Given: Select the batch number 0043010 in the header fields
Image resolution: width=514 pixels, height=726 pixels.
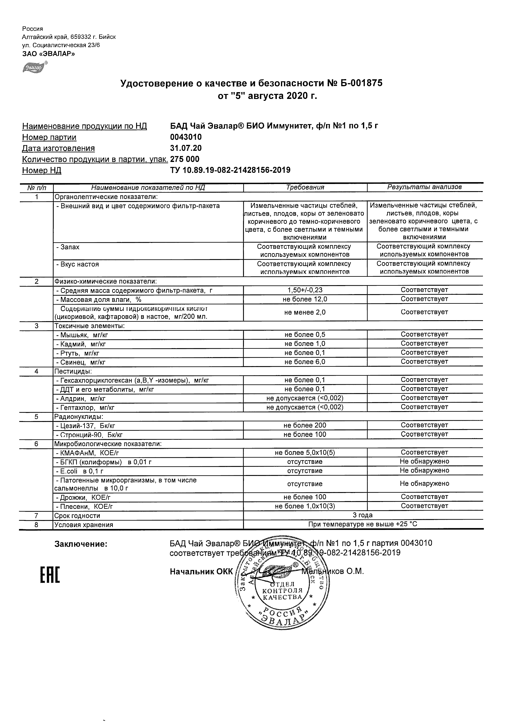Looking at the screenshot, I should coord(186,137).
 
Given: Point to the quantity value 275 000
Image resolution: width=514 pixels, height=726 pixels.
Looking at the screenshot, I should coord(185,159).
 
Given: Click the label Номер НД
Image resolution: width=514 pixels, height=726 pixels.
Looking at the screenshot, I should coord(42,170).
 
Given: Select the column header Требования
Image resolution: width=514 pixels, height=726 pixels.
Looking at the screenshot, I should coord(305,187).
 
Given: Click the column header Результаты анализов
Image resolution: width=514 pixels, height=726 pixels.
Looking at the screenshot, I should coord(425,187).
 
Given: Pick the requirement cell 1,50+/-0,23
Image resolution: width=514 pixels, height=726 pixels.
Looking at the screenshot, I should coord(305,290).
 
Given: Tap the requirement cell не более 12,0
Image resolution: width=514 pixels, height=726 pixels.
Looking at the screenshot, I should coord(305,299).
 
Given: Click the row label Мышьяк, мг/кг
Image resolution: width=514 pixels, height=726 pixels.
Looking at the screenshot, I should coord(82,335).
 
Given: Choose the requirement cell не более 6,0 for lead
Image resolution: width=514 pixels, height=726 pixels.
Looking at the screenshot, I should coord(305,362).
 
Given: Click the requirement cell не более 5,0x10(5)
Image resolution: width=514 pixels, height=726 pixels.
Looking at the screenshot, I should coord(305,452).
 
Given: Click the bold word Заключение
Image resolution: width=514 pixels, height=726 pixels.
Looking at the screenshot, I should coord(81,544).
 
